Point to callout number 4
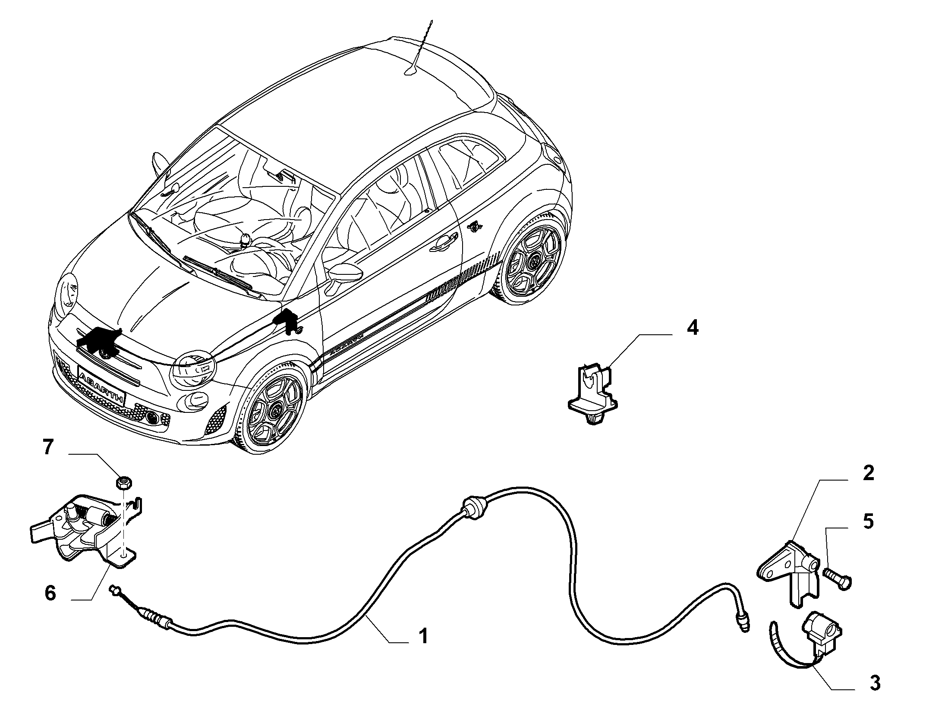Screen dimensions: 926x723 tap(692, 328)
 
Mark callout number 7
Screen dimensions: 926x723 tap(47, 447)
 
